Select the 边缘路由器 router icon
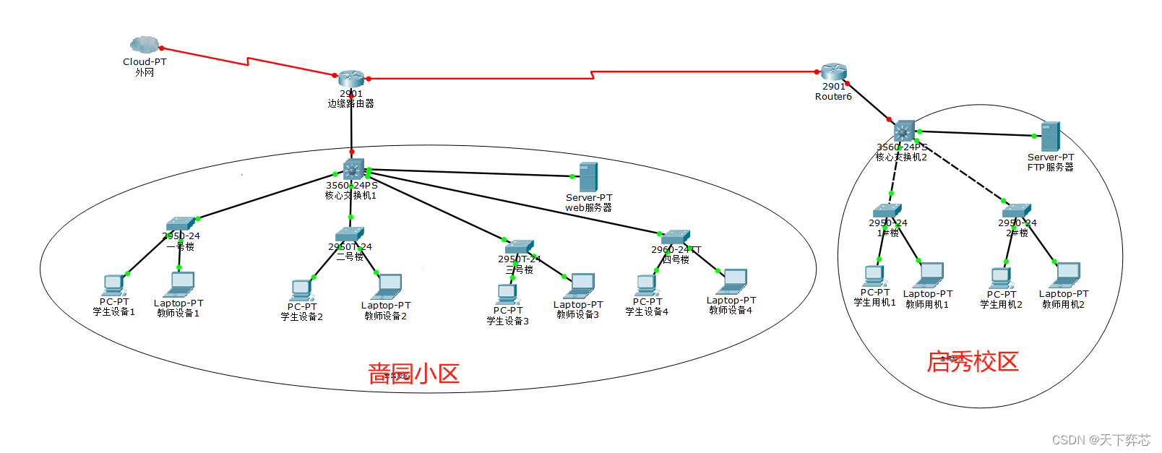click(x=351, y=79)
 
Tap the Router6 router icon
click(x=833, y=71)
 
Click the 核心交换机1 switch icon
click(x=353, y=169)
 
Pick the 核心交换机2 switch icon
click(x=904, y=131)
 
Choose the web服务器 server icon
click(x=588, y=177)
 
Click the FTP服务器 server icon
click(x=1050, y=137)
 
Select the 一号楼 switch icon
click(x=181, y=223)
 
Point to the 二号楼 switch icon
click(x=350, y=234)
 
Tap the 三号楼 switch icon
click(x=519, y=246)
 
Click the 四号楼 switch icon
click(x=676, y=237)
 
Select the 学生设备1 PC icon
click(x=113, y=285)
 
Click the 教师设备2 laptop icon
click(x=388, y=286)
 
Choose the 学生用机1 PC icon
click(x=874, y=277)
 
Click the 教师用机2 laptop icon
click(x=1066, y=275)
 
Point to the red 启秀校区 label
click(x=973, y=362)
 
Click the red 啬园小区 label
click(x=413, y=374)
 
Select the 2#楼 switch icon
click(x=1017, y=211)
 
